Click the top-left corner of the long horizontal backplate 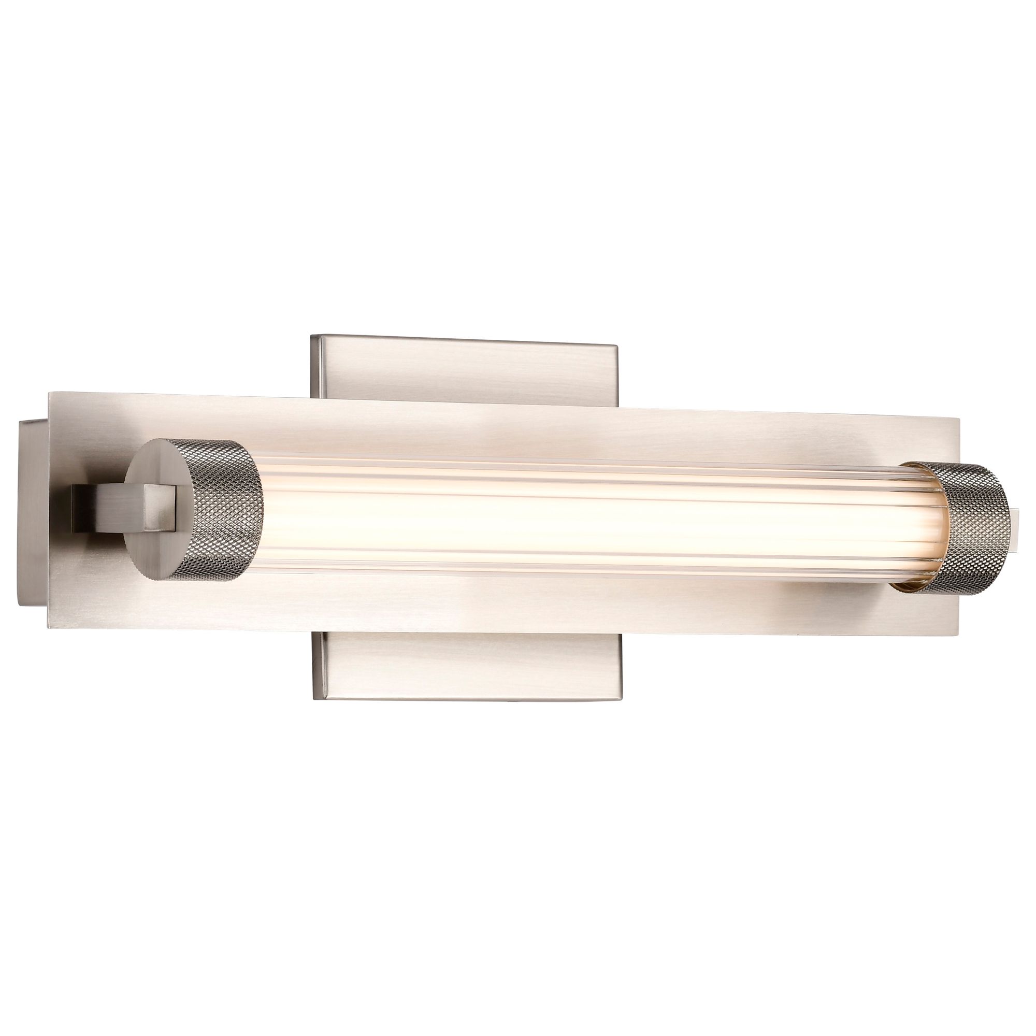point(50,393)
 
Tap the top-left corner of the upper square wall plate point(311,336)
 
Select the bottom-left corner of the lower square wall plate point(314,700)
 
